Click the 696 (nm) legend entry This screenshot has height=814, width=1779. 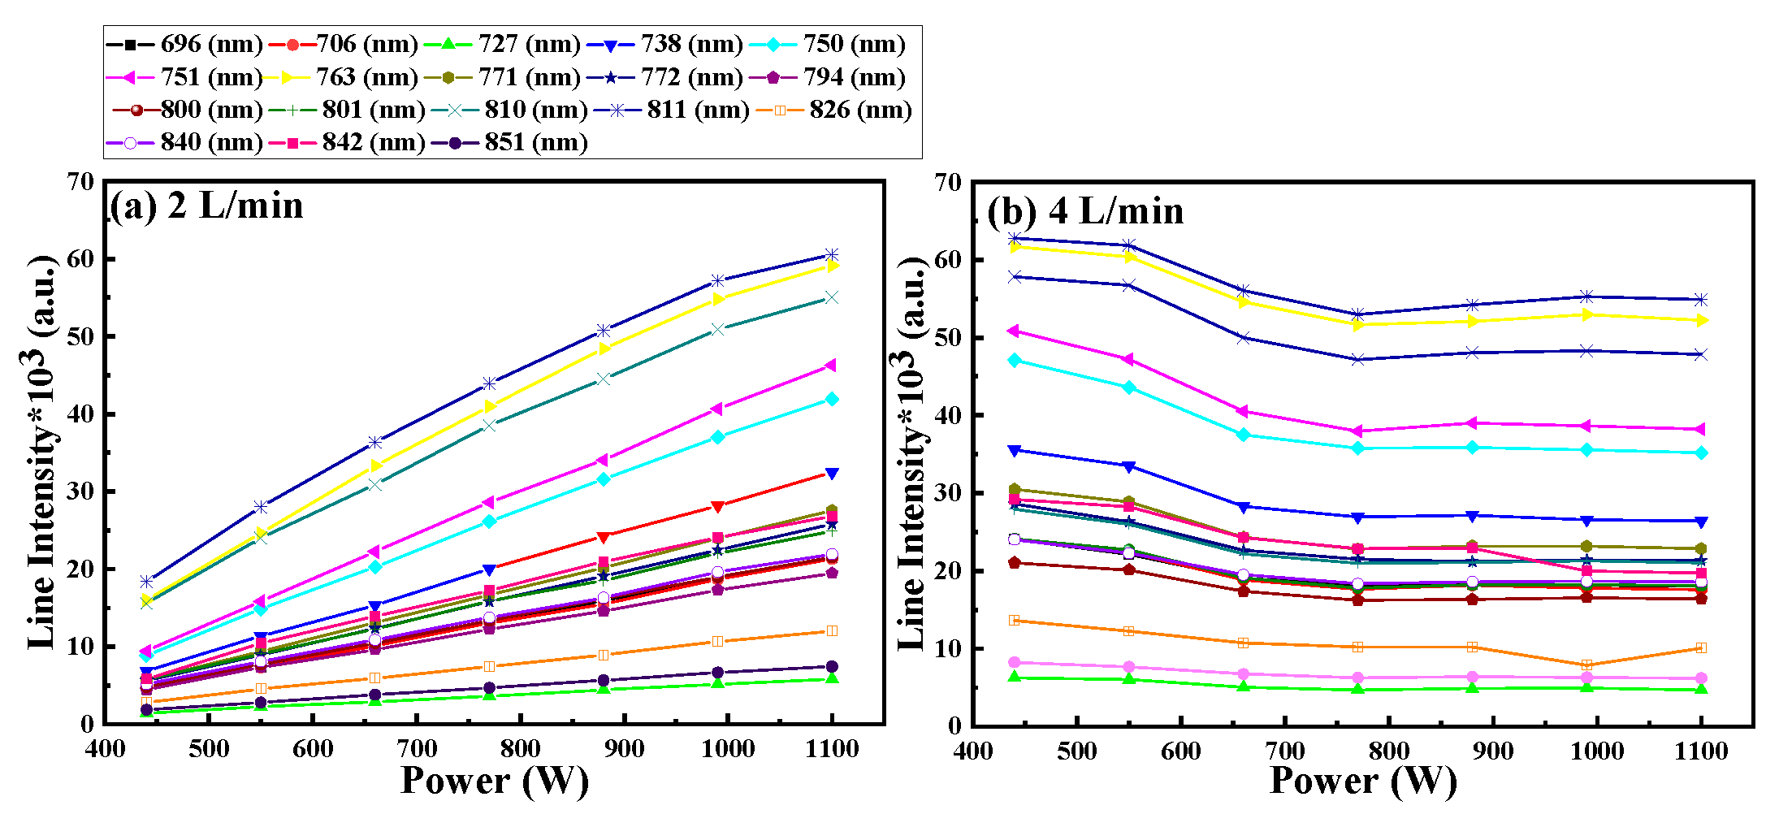[184, 44]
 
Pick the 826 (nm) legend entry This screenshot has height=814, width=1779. [834, 110]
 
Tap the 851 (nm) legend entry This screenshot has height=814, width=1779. [509, 142]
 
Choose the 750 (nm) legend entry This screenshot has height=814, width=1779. [828, 44]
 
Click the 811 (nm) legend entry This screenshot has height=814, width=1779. [672, 110]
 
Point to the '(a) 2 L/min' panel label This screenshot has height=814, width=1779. [206, 206]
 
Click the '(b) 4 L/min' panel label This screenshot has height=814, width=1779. [1085, 211]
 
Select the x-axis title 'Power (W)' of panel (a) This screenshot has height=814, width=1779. [494, 781]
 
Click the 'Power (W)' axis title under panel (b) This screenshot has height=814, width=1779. [1363, 781]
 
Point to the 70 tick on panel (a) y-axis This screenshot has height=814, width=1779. [80, 181]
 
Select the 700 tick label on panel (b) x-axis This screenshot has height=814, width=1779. [1285, 751]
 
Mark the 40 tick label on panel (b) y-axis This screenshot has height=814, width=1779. [949, 415]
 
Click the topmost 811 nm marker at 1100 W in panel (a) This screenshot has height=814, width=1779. [832, 255]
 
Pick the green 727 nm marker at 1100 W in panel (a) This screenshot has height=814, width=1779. [832, 678]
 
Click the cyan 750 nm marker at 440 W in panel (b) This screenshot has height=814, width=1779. [1014, 360]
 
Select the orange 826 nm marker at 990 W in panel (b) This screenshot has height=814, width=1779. [1586, 665]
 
